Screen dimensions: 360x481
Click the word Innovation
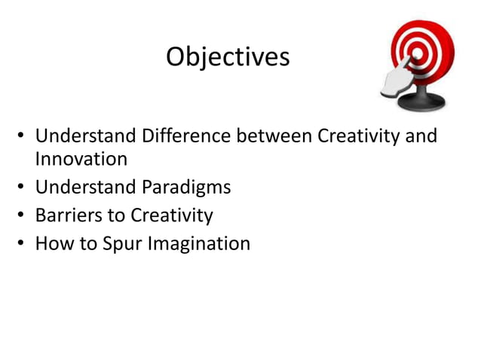(81, 159)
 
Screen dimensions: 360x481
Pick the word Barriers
(69, 215)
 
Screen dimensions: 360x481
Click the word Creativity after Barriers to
(172, 216)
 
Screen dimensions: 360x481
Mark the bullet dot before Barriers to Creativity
(23, 217)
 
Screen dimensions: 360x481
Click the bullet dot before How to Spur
(23, 245)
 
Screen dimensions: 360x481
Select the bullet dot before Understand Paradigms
(23, 188)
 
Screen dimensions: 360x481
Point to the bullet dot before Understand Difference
(23, 138)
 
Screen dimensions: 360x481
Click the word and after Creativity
(421, 137)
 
